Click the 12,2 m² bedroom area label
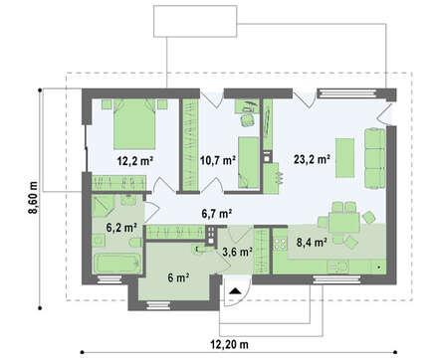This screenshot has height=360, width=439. point(134,161)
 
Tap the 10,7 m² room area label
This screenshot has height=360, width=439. point(218,160)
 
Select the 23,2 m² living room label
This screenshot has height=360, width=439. point(312,159)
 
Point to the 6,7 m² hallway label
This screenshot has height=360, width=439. point(217,214)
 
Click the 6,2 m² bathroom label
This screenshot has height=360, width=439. point(121,228)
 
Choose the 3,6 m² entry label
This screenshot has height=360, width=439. point(238,253)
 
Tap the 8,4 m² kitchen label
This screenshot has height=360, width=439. point(311,243)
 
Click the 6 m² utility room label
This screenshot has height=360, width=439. point(178,277)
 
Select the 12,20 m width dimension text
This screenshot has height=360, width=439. point(229,345)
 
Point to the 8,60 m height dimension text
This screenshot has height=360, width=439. point(33,198)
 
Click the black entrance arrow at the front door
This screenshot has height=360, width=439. point(235,291)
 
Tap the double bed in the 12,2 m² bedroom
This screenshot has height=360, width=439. point(134,123)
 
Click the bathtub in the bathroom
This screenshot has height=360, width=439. point(117,264)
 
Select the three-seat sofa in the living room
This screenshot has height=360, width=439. point(375,158)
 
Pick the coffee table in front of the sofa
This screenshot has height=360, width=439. point(344,158)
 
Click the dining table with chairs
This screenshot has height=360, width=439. point(344,223)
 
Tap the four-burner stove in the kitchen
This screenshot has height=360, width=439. point(281,244)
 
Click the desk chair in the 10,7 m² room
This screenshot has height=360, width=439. point(247,119)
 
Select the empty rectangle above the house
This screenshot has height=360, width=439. point(195,21)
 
